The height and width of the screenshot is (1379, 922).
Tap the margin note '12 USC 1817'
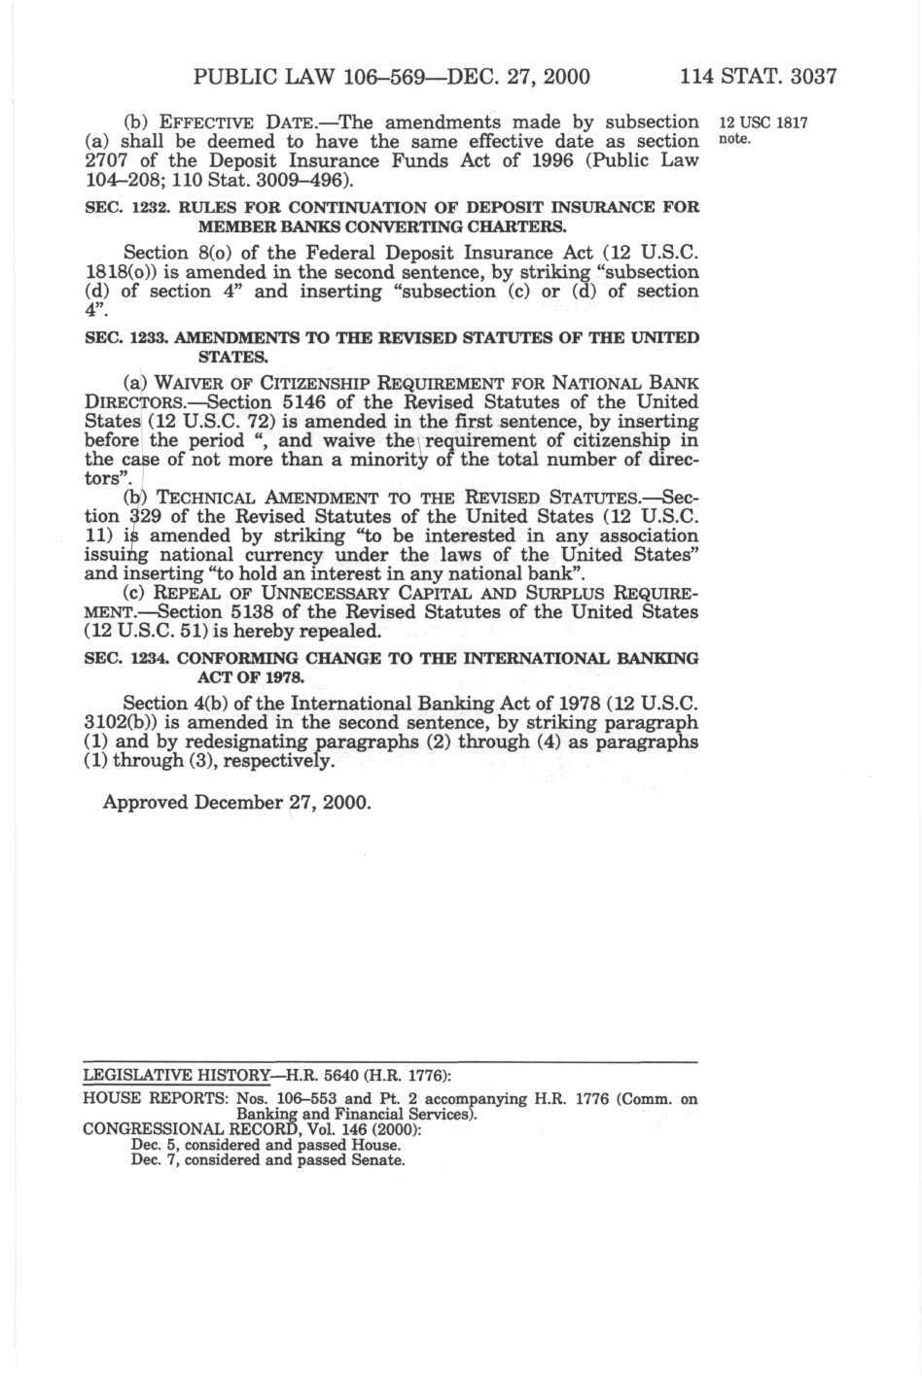coord(762,123)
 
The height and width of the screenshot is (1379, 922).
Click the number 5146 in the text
coord(303,401)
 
